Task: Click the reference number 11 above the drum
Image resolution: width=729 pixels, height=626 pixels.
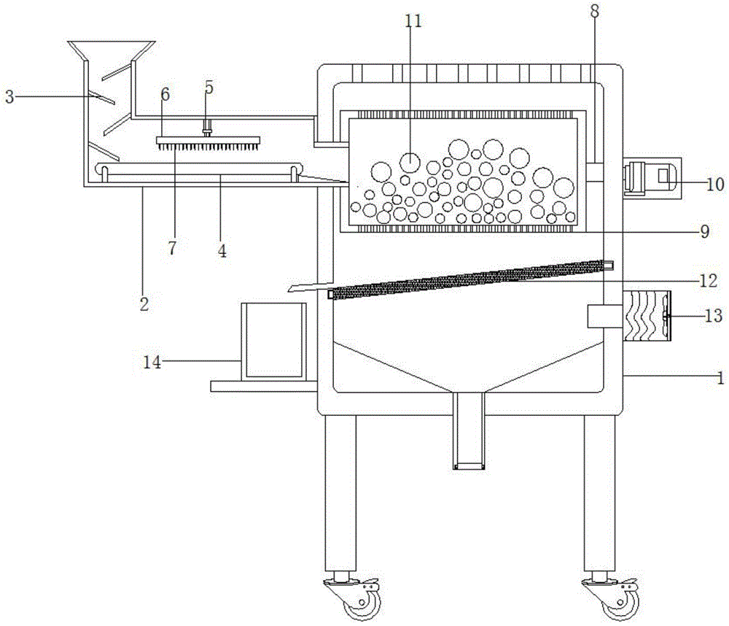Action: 413,21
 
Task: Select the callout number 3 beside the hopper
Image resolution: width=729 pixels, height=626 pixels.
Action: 9,97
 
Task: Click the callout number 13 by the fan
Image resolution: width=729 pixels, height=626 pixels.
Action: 714,315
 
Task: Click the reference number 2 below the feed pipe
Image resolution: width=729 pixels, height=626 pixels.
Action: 144,304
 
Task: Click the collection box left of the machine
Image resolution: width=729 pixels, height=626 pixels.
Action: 273,341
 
